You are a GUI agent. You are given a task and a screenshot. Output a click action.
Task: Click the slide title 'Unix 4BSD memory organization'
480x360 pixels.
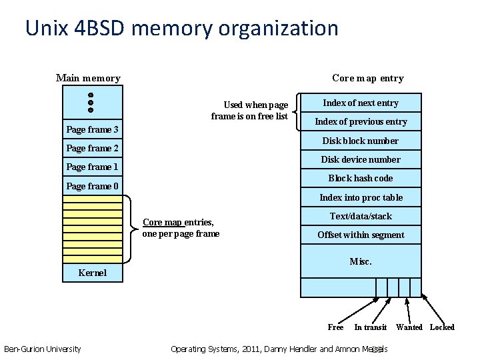[x=181, y=29]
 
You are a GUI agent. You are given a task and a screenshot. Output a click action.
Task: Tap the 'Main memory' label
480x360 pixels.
[x=88, y=78]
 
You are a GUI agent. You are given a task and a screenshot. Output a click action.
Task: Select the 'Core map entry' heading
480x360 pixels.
[x=367, y=78]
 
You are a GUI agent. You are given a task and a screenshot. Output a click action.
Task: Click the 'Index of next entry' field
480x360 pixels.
[x=361, y=103]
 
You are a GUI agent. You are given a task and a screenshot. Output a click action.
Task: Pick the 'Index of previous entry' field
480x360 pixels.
[x=361, y=121]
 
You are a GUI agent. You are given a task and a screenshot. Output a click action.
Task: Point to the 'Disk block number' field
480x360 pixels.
[x=361, y=141]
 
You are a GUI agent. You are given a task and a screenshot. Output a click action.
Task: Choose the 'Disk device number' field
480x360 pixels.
[x=361, y=159]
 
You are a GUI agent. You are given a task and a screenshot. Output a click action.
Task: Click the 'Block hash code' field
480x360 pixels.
[x=361, y=178]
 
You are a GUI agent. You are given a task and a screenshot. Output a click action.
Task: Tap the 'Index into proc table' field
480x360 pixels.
[x=361, y=197]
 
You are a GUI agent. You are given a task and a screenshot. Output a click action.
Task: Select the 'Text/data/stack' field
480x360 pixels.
[x=361, y=216]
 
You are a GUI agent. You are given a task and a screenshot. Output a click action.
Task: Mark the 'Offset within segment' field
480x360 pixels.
[x=361, y=235]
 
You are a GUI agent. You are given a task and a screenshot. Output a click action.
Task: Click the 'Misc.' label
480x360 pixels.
[x=361, y=261]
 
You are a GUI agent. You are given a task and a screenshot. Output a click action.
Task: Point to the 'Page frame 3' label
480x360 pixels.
[x=93, y=129]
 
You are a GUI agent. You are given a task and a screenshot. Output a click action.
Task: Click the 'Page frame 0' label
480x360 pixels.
[x=93, y=186]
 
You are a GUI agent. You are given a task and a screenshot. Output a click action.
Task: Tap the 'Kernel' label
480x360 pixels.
[x=92, y=273]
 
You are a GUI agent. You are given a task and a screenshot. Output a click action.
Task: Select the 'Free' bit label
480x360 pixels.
[x=335, y=327]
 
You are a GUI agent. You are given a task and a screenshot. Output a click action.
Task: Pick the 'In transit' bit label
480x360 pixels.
[x=370, y=327]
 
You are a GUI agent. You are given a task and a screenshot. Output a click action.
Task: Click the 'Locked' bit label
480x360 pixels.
[x=442, y=327]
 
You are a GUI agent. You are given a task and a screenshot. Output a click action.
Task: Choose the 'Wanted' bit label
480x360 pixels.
[x=409, y=327]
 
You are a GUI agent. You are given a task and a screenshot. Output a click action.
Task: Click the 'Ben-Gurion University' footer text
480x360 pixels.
[x=43, y=349]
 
